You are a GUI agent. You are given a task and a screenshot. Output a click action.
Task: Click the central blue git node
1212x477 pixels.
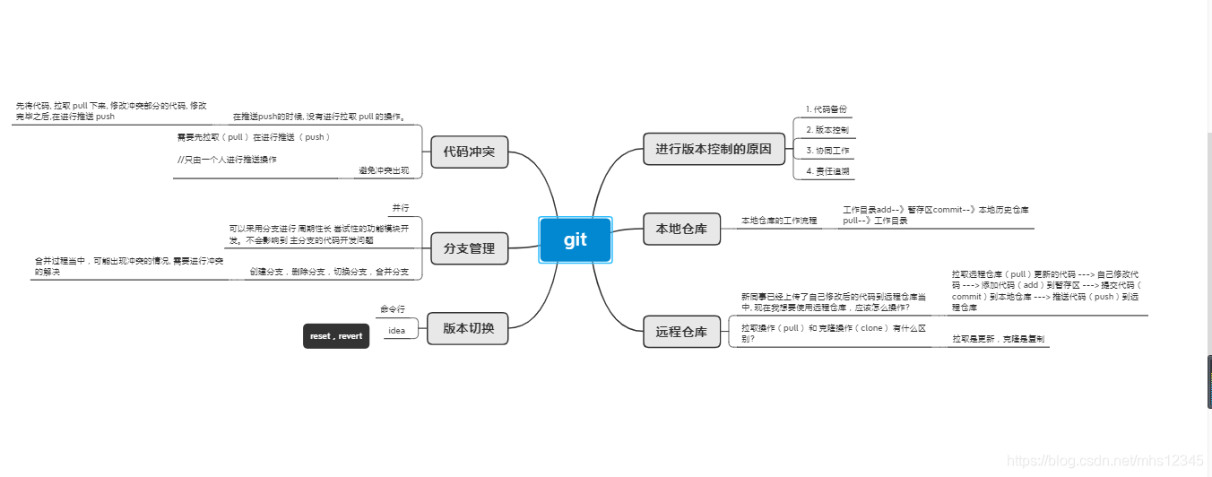click(x=575, y=239)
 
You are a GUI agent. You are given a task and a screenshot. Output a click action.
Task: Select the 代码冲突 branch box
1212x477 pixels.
click(x=469, y=151)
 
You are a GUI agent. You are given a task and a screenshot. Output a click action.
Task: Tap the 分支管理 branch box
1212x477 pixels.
click(x=469, y=248)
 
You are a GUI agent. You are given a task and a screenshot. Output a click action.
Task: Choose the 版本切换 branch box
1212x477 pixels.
click(x=468, y=327)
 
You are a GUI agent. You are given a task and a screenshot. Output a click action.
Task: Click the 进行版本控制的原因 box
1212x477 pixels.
click(x=713, y=149)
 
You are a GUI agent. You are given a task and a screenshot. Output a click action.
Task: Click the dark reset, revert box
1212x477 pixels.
click(x=336, y=336)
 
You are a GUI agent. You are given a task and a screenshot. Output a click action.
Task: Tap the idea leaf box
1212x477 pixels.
click(x=396, y=330)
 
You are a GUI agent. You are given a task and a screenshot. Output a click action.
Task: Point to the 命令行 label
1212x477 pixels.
click(x=394, y=309)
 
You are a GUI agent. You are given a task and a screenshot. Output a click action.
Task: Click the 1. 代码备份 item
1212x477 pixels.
click(x=824, y=109)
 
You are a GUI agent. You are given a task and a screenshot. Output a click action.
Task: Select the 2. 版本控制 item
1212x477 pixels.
click(x=826, y=130)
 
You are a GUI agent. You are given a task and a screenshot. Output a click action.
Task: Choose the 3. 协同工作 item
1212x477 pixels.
click(x=827, y=151)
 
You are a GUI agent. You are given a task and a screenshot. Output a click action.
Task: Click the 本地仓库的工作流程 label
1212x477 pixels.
click(x=778, y=221)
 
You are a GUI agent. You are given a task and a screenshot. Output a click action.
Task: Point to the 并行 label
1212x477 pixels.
click(x=401, y=208)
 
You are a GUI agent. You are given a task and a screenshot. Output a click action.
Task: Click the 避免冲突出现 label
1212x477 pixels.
click(x=383, y=170)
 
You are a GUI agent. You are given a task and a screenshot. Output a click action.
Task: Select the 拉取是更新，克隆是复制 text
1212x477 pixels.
click(x=998, y=339)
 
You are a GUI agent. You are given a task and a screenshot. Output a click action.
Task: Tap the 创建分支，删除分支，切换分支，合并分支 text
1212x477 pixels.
click(x=329, y=272)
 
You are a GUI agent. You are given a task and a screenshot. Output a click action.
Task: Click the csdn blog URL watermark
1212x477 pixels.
click(x=1104, y=460)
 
